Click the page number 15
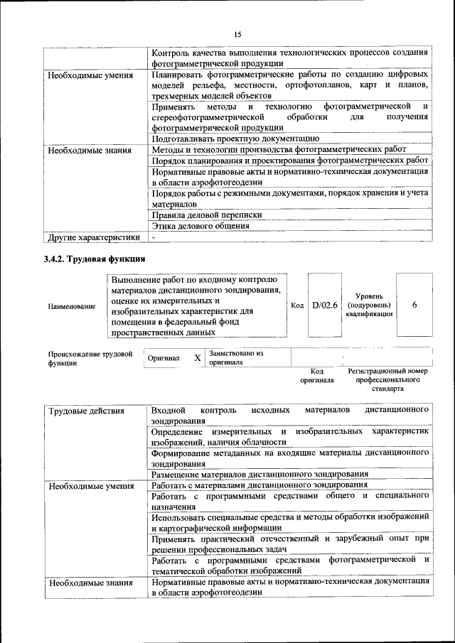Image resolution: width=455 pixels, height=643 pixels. click(x=238, y=34)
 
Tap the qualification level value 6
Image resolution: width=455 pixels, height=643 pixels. click(x=414, y=305)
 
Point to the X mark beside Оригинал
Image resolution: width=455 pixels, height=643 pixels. click(x=198, y=358)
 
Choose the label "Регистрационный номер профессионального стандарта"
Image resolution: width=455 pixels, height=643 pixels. click(x=387, y=380)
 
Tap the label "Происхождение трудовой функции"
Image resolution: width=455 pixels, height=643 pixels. click(x=90, y=357)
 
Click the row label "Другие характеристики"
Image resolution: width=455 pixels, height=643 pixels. click(x=93, y=237)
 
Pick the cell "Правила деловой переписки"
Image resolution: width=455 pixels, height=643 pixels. click(x=207, y=215)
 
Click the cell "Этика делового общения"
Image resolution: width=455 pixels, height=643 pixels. click(x=200, y=226)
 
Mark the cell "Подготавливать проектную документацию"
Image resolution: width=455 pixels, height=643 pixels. click(x=235, y=139)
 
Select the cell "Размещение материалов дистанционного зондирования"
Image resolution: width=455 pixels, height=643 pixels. click(x=259, y=474)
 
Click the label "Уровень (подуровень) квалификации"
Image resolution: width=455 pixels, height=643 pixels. click(x=370, y=305)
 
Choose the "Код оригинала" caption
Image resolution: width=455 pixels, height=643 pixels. click(x=318, y=375)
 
